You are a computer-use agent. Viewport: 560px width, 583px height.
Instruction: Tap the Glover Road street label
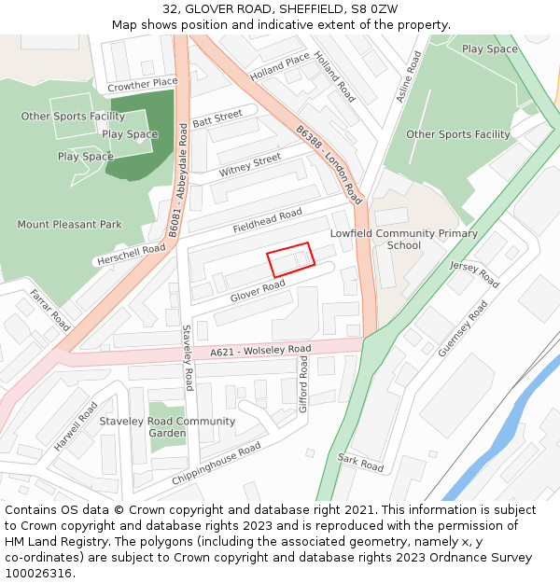click(x=258, y=291)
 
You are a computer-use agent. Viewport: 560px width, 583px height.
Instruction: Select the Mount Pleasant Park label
click(x=70, y=225)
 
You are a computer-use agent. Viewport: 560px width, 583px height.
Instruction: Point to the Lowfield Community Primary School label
click(x=404, y=240)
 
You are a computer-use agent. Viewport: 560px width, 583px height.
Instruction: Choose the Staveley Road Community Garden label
click(x=168, y=427)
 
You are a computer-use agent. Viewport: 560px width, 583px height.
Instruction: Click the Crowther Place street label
click(x=142, y=84)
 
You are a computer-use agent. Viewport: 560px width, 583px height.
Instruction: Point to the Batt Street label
click(x=217, y=118)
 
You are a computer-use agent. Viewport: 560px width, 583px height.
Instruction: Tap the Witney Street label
click(x=250, y=166)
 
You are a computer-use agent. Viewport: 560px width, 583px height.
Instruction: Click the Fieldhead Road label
click(x=267, y=222)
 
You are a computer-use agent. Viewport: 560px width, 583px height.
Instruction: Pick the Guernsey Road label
click(x=463, y=328)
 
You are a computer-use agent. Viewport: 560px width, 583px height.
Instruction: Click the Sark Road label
click(x=360, y=462)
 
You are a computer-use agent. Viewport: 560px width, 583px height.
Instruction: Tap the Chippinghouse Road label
click(x=217, y=464)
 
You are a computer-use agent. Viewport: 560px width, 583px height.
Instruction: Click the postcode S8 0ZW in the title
click(x=377, y=10)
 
